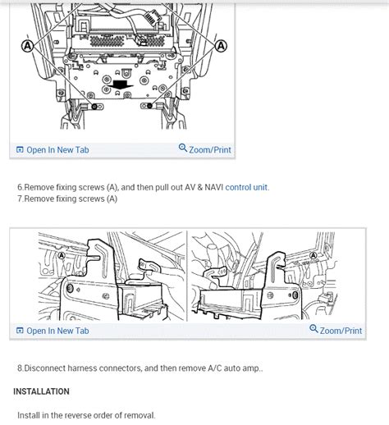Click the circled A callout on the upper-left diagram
pyautogui.click(x=28, y=46)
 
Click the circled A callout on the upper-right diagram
pyautogui.click(x=221, y=46)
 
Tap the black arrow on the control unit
pyautogui.click(x=121, y=85)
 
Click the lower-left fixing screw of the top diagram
pyautogui.click(x=94, y=107)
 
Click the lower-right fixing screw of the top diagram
pyautogui.click(x=149, y=106)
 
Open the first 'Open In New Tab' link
pyautogui.click(x=53, y=150)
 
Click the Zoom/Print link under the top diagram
pyautogui.click(x=205, y=149)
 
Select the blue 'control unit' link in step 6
pyautogui.click(x=247, y=187)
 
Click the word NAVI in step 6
pyautogui.click(x=214, y=187)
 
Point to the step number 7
pyautogui.click(x=21, y=199)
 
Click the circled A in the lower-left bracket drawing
pyautogui.click(x=62, y=256)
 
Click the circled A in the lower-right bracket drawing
pyautogui.click(x=313, y=256)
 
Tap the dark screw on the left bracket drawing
pyautogui.click(x=70, y=288)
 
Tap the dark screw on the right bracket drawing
pyautogui.click(x=295, y=295)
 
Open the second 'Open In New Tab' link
pyautogui.click(x=53, y=331)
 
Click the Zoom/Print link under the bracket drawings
pyautogui.click(x=336, y=331)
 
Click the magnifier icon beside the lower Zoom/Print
pyautogui.click(x=313, y=329)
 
